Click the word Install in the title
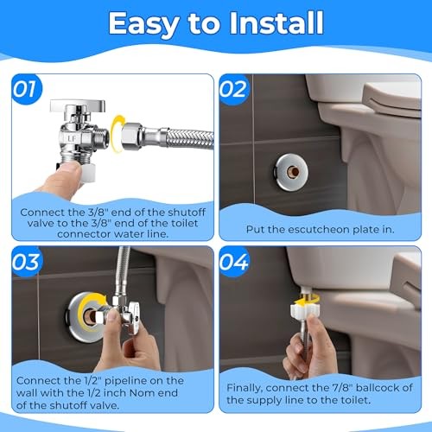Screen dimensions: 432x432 [x=276, y=23]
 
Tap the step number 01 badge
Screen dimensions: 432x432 [x=27, y=89]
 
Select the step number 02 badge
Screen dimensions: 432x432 [x=233, y=89]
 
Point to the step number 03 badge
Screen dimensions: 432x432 [x=27, y=262]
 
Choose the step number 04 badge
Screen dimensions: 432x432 [x=233, y=262]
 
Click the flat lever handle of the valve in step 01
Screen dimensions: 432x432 [x=78, y=105]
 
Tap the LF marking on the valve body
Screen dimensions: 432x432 [x=72, y=138]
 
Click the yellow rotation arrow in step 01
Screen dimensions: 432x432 [x=118, y=133]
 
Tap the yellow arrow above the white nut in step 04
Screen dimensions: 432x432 [x=306, y=300]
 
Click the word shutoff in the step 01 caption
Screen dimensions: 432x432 [x=187, y=213]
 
